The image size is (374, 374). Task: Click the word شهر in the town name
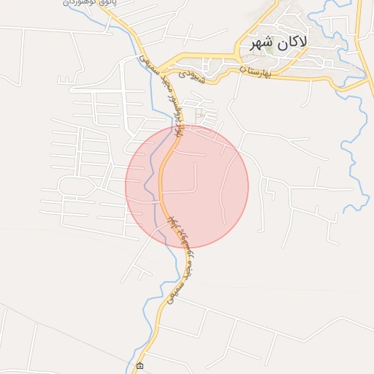(x=261, y=42)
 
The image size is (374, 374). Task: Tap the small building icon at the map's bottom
(x=140, y=365)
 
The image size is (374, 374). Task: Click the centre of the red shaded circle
(x=187, y=186)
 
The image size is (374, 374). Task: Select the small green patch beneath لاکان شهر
(x=269, y=51)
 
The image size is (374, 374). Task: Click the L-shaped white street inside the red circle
(x=191, y=183)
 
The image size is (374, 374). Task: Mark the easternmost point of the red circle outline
(x=248, y=186)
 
